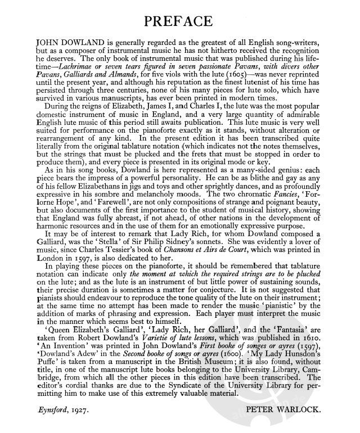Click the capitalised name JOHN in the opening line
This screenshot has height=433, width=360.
pos(47,42)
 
